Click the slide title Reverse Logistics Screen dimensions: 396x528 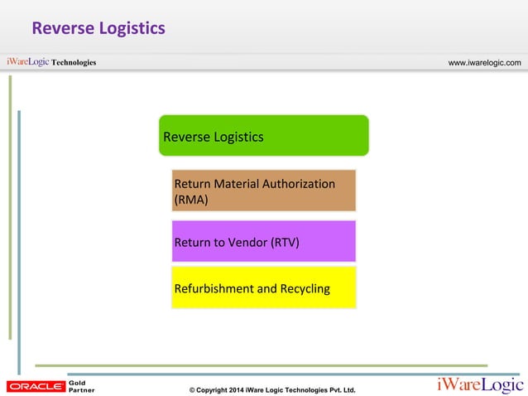pos(98,29)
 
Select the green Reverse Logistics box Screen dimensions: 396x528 pos(263,136)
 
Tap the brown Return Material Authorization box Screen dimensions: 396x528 pos(263,191)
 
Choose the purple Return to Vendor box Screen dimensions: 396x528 pos(263,242)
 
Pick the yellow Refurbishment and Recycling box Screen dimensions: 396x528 pos(263,288)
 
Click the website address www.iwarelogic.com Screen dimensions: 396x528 pos(484,63)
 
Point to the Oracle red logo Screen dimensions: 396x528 pos(36,386)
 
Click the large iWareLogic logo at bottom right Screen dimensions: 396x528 pos(480,385)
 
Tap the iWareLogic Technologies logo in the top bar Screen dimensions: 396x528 pos(51,62)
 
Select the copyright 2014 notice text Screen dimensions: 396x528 pos(272,389)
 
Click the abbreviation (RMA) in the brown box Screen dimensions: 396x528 pos(191,200)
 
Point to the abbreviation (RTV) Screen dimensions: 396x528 pos(284,243)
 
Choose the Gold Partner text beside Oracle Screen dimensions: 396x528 pos(81,386)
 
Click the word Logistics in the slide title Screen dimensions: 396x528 pos(132,29)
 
